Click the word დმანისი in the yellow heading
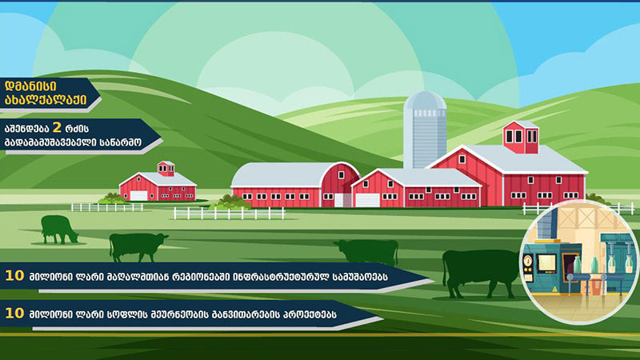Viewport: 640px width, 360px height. click(x=30, y=86)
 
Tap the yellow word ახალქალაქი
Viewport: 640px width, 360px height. click(x=46, y=100)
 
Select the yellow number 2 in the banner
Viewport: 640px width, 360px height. click(x=57, y=128)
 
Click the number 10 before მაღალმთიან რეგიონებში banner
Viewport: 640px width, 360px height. click(x=14, y=275)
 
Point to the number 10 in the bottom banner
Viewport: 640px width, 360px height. click(x=14, y=313)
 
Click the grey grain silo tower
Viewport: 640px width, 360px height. click(x=425, y=130)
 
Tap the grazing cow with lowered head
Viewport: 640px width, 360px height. click(x=59, y=230)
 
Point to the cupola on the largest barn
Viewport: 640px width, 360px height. click(x=521, y=137)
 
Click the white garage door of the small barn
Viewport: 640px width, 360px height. click(x=138, y=195)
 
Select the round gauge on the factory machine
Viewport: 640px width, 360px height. click(x=528, y=261)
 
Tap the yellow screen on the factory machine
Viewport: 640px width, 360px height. click(x=546, y=263)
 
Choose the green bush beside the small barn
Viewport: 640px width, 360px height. click(x=112, y=199)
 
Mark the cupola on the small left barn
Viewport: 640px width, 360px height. click(x=166, y=168)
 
